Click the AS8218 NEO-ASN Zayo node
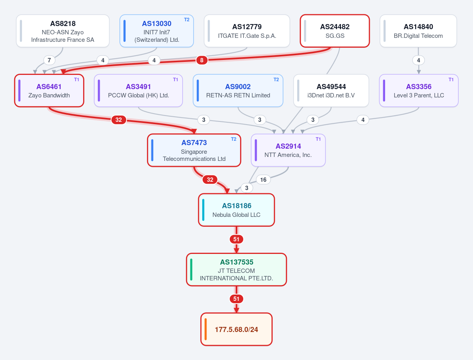(63, 31)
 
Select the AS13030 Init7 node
(156, 31)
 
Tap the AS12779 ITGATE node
(247, 31)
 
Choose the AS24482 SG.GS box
(335, 31)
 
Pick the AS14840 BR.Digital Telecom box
(418, 31)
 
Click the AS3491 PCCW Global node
(138, 91)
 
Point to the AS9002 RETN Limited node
(238, 91)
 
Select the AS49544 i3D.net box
(331, 91)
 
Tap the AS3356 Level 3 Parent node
(419, 91)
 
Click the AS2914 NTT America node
(288, 150)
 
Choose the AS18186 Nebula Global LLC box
(236, 210)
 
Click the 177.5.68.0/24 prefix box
(236, 329)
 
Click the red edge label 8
(202, 60)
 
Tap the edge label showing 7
(49, 60)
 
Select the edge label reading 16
(263, 179)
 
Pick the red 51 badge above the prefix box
(236, 299)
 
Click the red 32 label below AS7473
(210, 179)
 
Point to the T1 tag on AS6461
(76, 80)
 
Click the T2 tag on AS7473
(234, 139)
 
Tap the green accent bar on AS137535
(191, 270)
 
